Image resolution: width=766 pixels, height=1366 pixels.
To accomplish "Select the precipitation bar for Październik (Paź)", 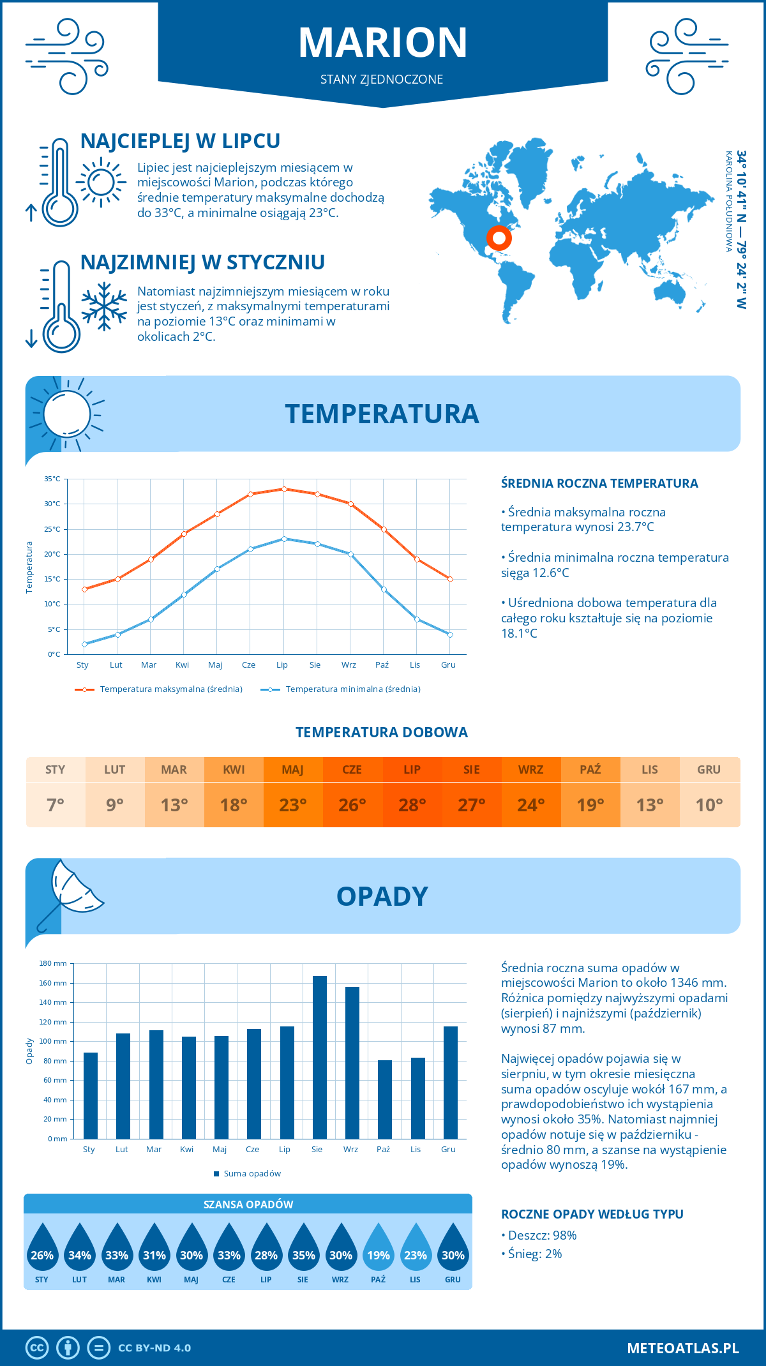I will pos(385,1099).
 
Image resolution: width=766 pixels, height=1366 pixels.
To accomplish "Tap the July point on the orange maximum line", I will pos(284,489).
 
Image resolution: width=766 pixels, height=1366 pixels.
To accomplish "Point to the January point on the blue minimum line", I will pos(84,644).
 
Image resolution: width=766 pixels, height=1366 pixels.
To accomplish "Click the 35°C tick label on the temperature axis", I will pos(52,479).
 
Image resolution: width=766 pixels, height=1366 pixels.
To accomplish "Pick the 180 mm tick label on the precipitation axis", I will pos(54,963).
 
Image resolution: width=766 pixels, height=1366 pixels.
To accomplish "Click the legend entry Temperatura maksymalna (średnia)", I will pos(170,689).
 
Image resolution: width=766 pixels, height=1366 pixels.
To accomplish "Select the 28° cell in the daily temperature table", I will pos(412,805).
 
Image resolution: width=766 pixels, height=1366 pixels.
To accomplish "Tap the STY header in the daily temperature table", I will pos(56,770).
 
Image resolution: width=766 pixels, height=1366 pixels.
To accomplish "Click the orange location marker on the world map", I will pos(499,239).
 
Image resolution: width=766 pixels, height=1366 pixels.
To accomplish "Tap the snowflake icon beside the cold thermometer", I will pos(104,306).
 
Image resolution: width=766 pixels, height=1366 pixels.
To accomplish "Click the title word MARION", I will pos(383,43).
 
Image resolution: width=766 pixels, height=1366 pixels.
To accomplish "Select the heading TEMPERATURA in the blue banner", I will pos(382,414).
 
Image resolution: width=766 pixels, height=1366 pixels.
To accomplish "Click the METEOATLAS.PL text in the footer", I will pos(683,1348).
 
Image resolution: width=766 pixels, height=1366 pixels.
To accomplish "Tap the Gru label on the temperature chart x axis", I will pos(448,665).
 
